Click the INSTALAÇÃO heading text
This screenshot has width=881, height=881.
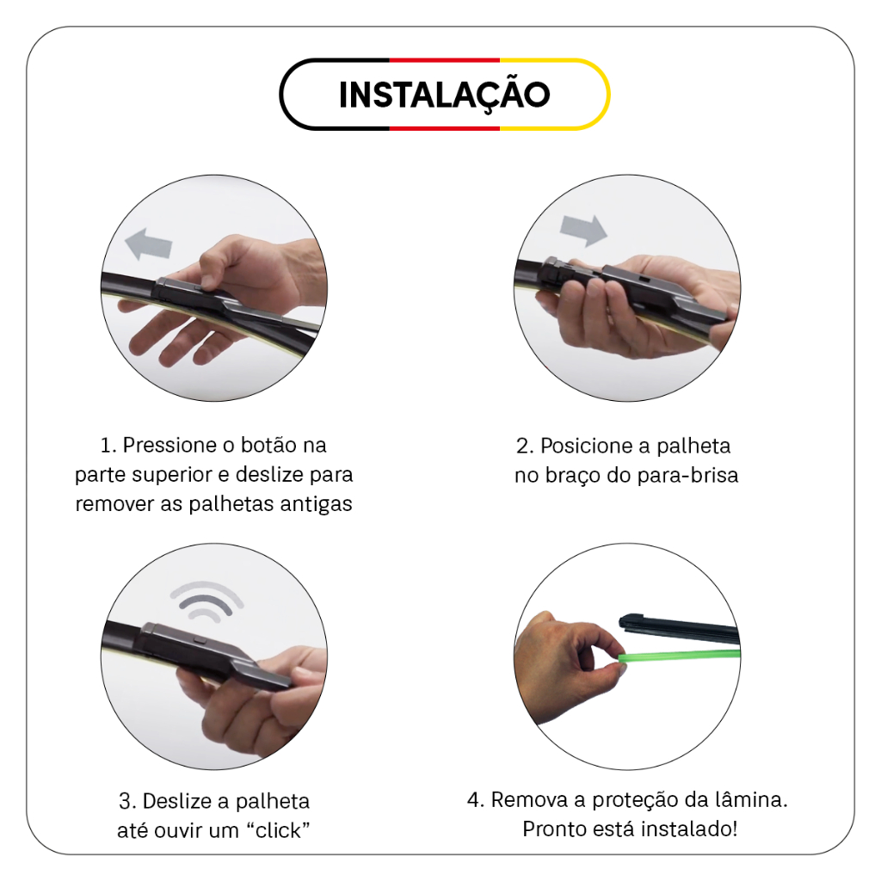445,95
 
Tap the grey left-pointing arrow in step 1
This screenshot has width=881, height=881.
148,244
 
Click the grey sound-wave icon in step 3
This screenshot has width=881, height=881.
206,601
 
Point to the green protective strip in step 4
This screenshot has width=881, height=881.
679,655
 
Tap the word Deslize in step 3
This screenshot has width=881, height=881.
181,801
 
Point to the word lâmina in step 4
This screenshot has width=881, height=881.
751,800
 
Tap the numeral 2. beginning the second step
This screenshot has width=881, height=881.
525,447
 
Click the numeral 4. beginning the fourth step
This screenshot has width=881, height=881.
476,800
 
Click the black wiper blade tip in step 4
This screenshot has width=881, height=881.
623,620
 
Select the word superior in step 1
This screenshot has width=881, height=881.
175,475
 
